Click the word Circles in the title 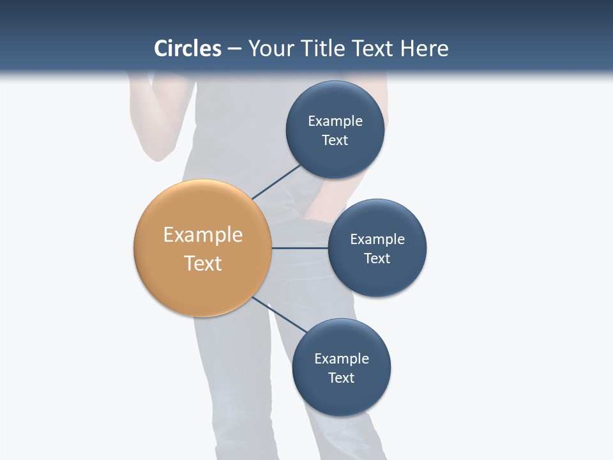(187, 49)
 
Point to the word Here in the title (424, 49)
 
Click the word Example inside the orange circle (202, 234)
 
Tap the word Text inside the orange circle (202, 263)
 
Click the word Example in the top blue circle (335, 121)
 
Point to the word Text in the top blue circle (335, 140)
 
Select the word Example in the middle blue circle (377, 239)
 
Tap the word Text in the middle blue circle (377, 258)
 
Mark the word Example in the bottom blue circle (341, 358)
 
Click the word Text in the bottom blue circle (341, 378)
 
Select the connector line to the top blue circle (276, 182)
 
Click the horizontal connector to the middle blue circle (299, 248)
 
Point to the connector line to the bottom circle (279, 314)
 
